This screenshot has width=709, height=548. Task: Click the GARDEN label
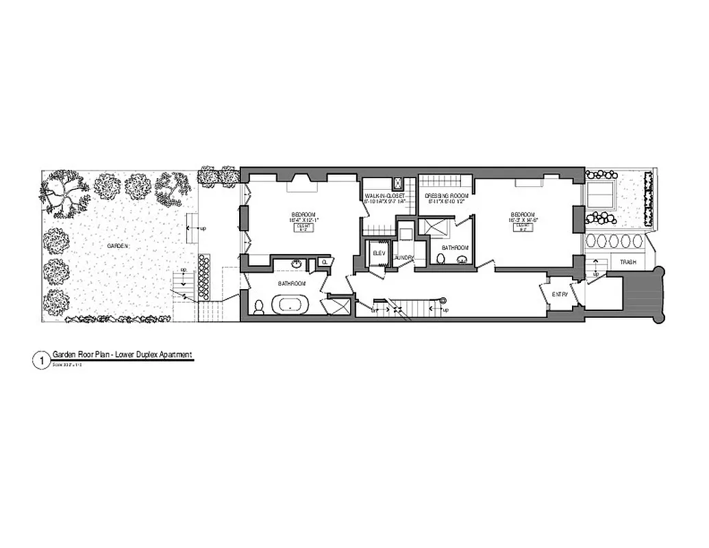118,245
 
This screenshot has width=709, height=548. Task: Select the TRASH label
628,263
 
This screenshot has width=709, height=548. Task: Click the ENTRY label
560,294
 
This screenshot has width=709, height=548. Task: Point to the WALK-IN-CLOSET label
385,196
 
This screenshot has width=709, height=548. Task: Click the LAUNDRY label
405,258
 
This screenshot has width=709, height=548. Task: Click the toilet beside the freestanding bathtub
258,308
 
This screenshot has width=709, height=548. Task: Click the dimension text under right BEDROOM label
523,221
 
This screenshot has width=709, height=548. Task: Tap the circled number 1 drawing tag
41,359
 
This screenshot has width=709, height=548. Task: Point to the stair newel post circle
443,299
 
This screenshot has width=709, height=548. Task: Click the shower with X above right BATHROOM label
434,227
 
